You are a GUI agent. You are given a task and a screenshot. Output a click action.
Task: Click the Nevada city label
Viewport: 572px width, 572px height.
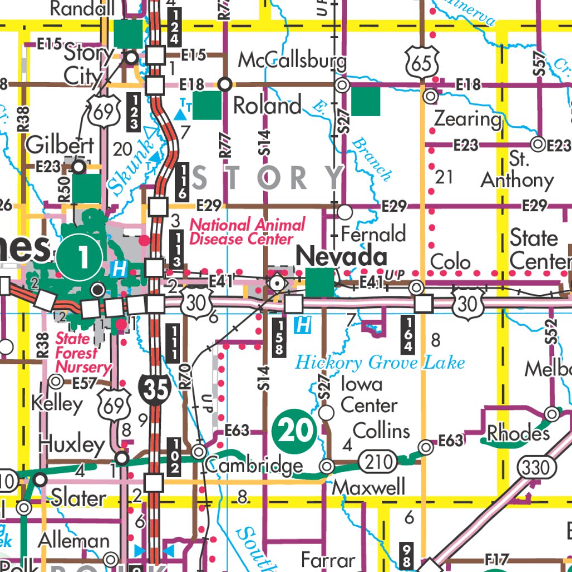[x=341, y=257]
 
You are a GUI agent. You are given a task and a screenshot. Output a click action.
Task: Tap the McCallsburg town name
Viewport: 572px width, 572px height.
[x=292, y=61]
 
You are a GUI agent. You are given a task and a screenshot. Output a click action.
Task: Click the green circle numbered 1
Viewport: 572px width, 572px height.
[x=83, y=258]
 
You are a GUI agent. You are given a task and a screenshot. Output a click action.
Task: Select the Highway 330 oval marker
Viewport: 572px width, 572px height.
[x=536, y=467]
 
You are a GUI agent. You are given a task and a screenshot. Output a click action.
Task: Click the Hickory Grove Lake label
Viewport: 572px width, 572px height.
[x=380, y=363]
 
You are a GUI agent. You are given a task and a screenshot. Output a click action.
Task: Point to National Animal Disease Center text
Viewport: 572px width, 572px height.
[x=247, y=232]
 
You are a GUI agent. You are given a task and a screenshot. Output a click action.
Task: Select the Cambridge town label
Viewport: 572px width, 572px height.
[x=254, y=465]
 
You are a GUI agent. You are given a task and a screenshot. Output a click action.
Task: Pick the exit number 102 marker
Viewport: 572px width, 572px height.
[x=173, y=456]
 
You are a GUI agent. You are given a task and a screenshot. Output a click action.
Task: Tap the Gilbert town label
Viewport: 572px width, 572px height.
[x=60, y=145]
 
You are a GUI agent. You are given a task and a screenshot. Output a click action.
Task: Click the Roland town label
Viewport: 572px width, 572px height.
[x=268, y=106]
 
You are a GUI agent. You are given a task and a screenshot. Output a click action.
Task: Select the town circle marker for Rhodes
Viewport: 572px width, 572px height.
[x=552, y=414]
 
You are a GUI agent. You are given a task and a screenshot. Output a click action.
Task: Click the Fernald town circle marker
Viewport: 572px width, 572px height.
[x=346, y=212]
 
